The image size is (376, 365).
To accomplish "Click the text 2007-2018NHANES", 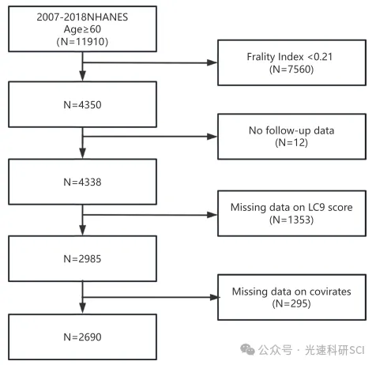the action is coord(82,17).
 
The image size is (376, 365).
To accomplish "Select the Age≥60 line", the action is coord(82,29).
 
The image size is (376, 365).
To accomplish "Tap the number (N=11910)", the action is coord(82,42).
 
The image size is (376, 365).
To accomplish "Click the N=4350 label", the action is coord(82,105).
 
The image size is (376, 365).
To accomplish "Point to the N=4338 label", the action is coord(82,182).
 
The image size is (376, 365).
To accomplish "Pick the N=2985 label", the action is coord(82,259).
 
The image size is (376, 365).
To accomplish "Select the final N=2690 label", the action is coord(82,337).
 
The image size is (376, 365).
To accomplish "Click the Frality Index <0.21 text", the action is coord(290,57).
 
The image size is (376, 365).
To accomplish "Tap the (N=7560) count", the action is coord(291,70).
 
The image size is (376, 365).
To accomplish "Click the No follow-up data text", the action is coord(291,130).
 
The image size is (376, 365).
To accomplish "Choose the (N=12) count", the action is coord(291,143).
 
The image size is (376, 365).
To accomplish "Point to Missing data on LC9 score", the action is coord(291,208).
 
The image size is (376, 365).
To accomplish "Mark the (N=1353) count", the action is coord(291,220).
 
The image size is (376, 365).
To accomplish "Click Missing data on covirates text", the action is coord(291,292).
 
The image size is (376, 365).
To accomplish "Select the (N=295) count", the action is coord(291,303).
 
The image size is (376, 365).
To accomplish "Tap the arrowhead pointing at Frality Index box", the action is coord(212,62).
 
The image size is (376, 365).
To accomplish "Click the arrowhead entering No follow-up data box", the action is coord(212,137).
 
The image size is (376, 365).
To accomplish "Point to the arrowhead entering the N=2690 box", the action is coord(83,308).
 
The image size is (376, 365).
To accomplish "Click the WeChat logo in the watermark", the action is coord(247,349).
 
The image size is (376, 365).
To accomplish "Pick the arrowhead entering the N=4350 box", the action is coord(83,76).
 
